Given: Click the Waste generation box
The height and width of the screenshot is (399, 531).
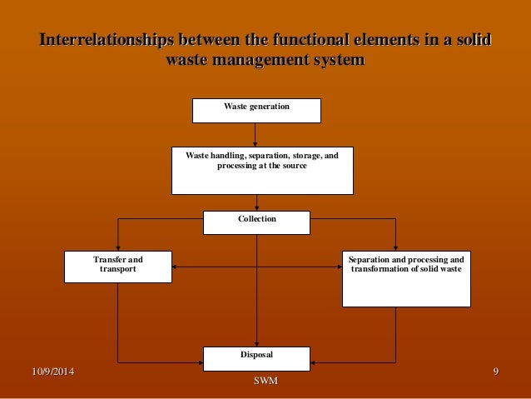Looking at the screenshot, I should pos(256,110).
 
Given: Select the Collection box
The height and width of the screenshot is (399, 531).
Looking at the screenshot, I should pos(256,222).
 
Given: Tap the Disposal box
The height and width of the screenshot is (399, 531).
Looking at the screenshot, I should pos(256,358).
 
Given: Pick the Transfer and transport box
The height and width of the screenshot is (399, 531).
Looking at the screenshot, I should pos(118,267).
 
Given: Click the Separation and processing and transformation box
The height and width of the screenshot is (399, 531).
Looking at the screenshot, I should pos(407,278).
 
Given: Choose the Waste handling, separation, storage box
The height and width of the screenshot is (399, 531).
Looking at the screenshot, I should pos(262,170).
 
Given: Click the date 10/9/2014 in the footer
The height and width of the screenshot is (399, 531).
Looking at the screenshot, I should pos(46,370).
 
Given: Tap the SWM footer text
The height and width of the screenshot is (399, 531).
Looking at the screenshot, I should pos(265,381).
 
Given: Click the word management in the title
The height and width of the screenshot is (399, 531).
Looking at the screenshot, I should pos(266,61).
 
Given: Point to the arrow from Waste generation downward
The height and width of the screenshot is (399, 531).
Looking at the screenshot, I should pos(256,134).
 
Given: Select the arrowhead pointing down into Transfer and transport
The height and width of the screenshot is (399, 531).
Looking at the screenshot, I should pos(118,247).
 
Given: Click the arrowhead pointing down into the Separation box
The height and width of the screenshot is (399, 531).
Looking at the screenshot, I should pos(395,247).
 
